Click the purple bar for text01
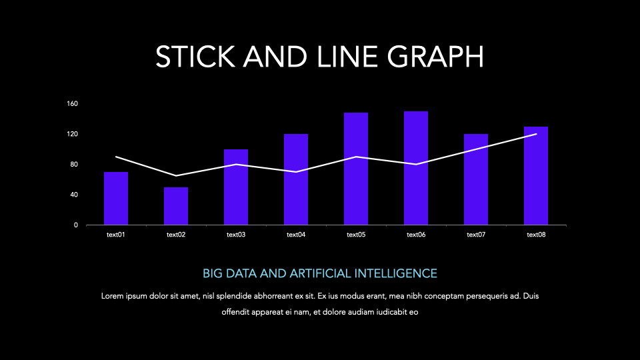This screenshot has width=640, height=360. click(x=116, y=198)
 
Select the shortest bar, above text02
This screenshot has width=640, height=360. click(x=176, y=206)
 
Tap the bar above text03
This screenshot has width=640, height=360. click(x=236, y=187)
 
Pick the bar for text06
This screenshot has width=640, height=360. click(x=416, y=168)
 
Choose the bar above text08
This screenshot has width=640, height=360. click(x=536, y=175)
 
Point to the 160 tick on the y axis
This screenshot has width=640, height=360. click(x=73, y=104)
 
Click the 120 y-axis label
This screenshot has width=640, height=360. click(x=73, y=134)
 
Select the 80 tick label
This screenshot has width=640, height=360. click(x=74, y=165)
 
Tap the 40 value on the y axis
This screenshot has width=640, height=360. click(x=74, y=195)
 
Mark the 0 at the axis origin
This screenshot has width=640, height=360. click(x=76, y=225)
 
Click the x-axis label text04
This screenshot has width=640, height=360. click(x=296, y=235)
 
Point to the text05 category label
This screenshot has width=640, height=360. click(x=356, y=235)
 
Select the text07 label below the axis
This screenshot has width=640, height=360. click(x=476, y=235)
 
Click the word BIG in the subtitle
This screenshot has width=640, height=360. click(x=212, y=273)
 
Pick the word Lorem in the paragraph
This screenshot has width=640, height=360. click(x=112, y=295)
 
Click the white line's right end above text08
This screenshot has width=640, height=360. click(x=536, y=134)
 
